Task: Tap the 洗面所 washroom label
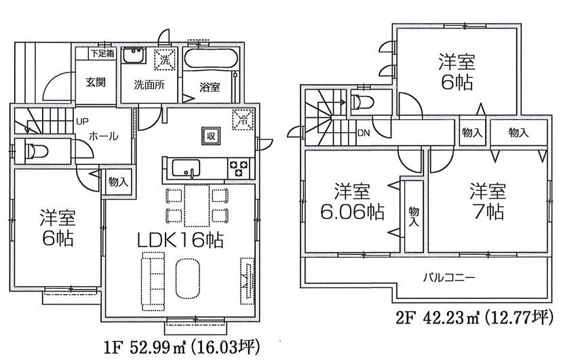147,86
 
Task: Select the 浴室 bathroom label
210,87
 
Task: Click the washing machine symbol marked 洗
165,60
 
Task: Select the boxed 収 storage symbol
212,135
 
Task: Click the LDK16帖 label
182,240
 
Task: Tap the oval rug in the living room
187,277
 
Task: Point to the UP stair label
82,122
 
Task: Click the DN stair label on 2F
364,132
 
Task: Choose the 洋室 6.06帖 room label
352,201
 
